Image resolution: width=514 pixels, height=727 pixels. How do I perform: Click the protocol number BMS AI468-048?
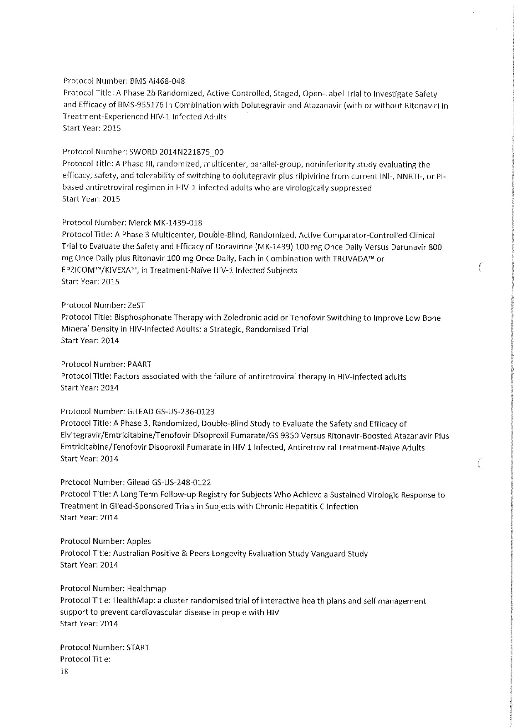(157, 81)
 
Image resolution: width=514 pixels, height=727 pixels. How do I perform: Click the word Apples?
(139, 541)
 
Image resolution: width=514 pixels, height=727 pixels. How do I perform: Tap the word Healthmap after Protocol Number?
(146, 589)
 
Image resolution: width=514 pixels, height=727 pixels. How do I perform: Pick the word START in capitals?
(138, 647)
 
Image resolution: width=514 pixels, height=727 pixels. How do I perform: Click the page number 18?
(64, 672)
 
